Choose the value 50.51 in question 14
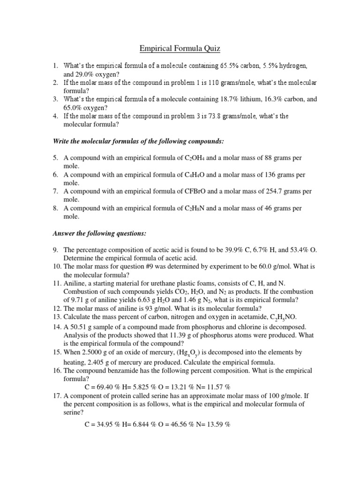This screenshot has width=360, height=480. click(x=80, y=326)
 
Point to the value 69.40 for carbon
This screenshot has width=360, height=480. click(x=106, y=388)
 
